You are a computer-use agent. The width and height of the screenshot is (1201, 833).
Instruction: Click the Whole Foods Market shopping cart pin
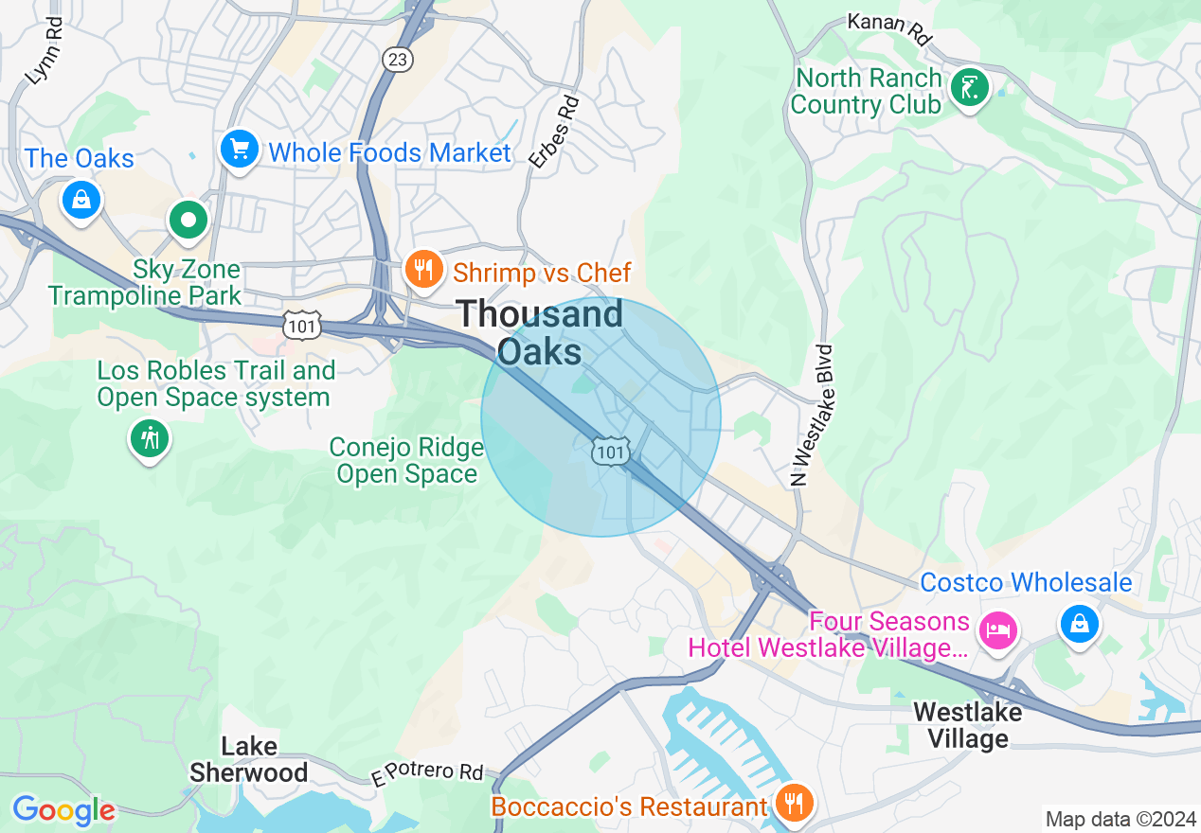(239, 150)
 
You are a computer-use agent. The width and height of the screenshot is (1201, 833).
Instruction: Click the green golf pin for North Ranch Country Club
(969, 89)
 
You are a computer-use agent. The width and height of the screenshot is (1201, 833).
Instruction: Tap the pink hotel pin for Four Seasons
(997, 629)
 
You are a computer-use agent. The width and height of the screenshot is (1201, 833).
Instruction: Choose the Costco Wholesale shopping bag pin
(1079, 623)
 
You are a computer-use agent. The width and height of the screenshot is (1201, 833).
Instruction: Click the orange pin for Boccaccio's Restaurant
(791, 803)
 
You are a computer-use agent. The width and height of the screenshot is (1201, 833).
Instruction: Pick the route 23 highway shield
(397, 60)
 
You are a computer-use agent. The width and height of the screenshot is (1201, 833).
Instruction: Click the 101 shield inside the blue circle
(610, 452)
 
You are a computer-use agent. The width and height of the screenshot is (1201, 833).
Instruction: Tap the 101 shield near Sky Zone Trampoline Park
(301, 324)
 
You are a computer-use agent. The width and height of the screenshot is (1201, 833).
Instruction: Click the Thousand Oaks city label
(541, 332)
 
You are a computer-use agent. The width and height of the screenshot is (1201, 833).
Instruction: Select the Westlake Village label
(967, 724)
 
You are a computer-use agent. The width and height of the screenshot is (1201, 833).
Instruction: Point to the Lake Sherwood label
(248, 759)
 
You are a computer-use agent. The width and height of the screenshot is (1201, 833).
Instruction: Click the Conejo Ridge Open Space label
(406, 460)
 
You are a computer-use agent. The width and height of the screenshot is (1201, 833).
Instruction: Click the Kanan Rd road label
(889, 29)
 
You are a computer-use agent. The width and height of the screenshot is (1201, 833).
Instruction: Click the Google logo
(63, 810)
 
